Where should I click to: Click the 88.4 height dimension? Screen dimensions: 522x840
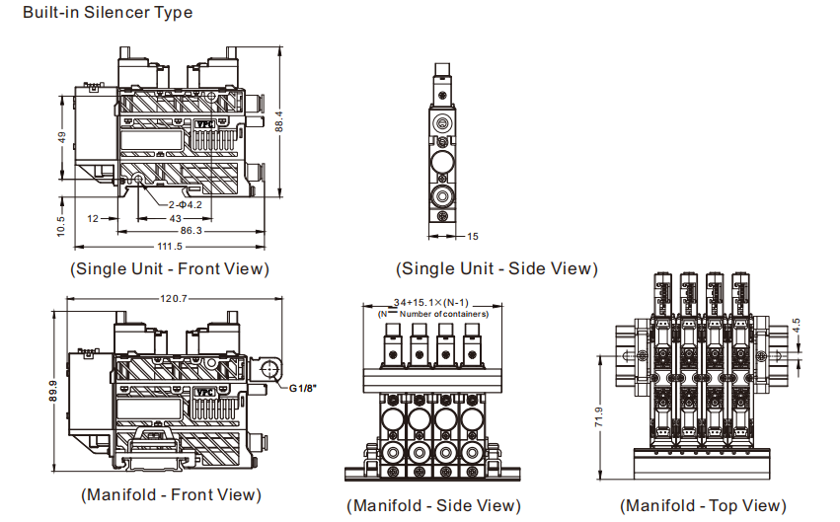point(279,119)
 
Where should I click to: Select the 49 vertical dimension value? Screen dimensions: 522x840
point(61,137)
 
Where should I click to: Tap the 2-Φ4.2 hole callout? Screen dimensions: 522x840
point(185,204)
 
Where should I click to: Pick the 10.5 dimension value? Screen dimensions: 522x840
point(61,225)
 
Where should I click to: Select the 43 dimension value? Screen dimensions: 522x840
point(175,217)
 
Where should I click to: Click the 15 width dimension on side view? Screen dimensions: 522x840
point(472,237)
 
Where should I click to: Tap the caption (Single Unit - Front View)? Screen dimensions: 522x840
point(169,268)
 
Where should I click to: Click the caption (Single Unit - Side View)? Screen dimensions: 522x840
point(496,268)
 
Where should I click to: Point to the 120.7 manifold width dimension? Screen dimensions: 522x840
point(174,299)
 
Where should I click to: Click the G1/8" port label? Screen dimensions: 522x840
point(303,388)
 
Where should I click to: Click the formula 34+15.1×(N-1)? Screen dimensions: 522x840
point(430,302)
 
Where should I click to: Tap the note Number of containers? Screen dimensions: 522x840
point(443,314)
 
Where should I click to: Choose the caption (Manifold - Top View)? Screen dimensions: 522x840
point(703,505)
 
